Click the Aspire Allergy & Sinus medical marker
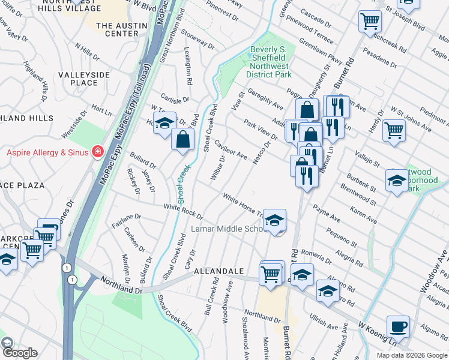click(97, 152)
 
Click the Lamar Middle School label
click(227, 229)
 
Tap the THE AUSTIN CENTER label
click(121, 29)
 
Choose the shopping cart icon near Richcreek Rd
click(370, 22)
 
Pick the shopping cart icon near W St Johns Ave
click(393, 129)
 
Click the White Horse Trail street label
click(243, 205)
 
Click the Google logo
click(19, 353)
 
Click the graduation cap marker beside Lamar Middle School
click(274, 220)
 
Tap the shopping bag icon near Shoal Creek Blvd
click(182, 140)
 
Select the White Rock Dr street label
click(184, 210)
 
